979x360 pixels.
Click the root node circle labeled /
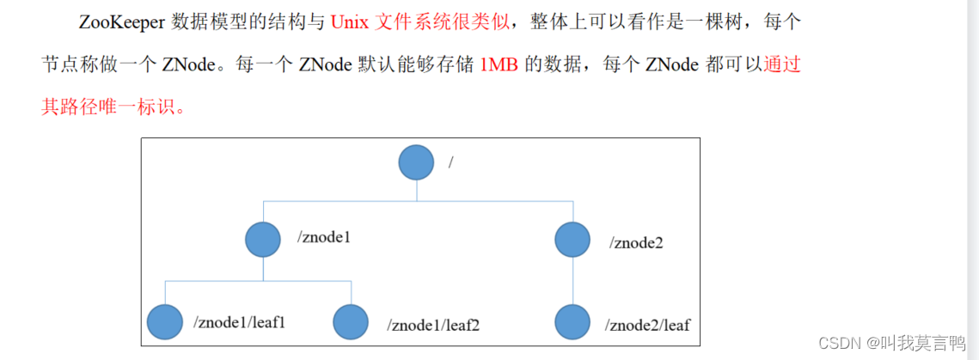click(x=417, y=162)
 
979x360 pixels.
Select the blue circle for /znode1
click(x=263, y=239)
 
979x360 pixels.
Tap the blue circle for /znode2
click(x=572, y=239)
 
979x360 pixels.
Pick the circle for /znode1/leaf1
click(x=165, y=322)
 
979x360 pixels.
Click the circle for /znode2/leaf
click(x=572, y=322)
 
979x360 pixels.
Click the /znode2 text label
click(x=636, y=242)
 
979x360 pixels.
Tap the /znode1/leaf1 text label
click(x=240, y=322)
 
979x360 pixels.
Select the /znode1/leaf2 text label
click(x=433, y=326)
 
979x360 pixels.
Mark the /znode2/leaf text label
click(x=647, y=326)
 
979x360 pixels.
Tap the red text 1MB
click(x=498, y=65)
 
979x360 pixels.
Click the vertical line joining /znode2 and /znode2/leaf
click(x=572, y=281)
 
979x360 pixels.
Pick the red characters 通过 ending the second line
click(x=782, y=65)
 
